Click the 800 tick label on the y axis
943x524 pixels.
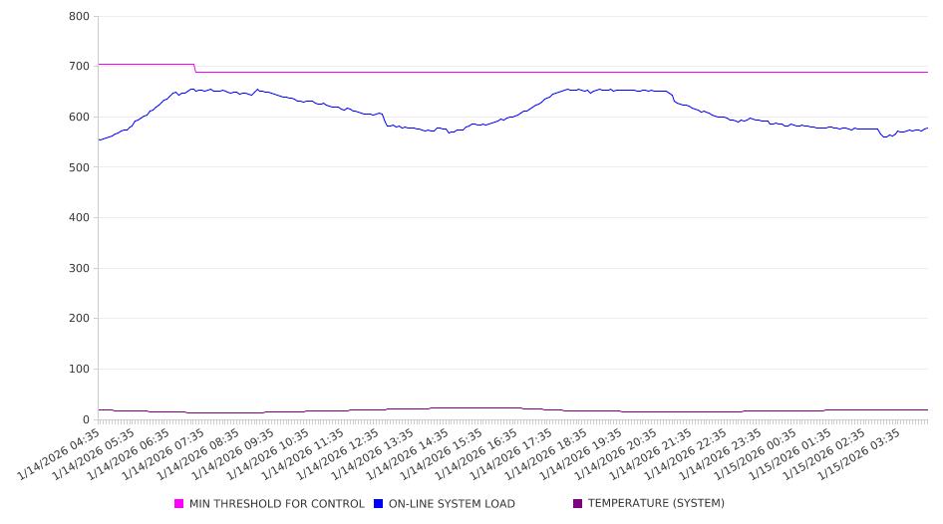pyautogui.click(x=80, y=17)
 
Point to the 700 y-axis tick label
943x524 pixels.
pyautogui.click(x=80, y=67)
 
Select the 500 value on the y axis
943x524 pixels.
pyautogui.click(x=80, y=167)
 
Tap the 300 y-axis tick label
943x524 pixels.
pyautogui.click(x=80, y=269)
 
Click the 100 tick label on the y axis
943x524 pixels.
pyautogui.click(x=80, y=370)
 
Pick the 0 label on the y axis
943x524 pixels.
pyautogui.click(x=87, y=420)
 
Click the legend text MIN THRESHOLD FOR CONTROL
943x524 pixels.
pyautogui.click(x=276, y=504)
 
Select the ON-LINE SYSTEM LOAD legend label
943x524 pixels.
pyautogui.click(x=451, y=504)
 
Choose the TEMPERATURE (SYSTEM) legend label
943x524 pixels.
pyautogui.click(x=655, y=504)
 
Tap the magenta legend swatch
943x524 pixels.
pyautogui.click(x=179, y=504)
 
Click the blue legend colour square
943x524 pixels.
pyautogui.click(x=379, y=504)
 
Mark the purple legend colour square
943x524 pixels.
pyautogui.click(x=578, y=504)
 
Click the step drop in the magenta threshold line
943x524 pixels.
pyautogui.click(x=194, y=68)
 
